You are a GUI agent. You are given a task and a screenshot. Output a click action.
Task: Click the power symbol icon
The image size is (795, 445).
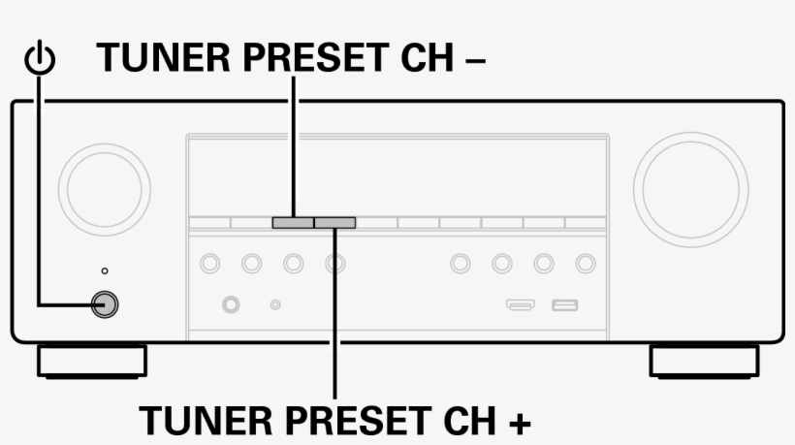[40, 59]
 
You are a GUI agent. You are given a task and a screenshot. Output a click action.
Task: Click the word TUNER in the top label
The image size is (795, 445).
[164, 58]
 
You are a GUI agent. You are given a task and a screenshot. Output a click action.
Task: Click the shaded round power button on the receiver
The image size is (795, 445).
[105, 304]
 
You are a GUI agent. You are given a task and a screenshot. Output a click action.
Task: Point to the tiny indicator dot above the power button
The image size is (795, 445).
[105, 271]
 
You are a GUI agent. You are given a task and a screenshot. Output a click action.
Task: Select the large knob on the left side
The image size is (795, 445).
[105, 190]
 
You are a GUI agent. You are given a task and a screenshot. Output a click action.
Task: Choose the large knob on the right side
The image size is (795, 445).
[690, 190]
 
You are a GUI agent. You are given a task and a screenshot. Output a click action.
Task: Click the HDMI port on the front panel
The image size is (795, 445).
[521, 304]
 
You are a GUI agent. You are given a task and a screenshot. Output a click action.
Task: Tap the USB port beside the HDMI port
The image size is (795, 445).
[565, 305]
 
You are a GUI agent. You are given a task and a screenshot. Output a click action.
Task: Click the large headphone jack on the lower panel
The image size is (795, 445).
[231, 304]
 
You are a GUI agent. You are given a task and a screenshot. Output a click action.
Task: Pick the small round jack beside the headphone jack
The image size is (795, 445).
[275, 304]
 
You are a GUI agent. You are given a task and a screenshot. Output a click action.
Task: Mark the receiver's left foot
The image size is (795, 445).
[92, 362]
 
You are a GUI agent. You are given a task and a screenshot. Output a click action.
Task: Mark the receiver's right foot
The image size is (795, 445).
[704, 362]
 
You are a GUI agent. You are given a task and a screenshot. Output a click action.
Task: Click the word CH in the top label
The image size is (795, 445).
[427, 58]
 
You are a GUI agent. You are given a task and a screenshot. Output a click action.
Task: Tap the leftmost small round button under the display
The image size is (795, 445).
[210, 264]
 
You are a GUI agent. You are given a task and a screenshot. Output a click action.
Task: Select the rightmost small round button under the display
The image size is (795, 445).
[586, 264]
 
